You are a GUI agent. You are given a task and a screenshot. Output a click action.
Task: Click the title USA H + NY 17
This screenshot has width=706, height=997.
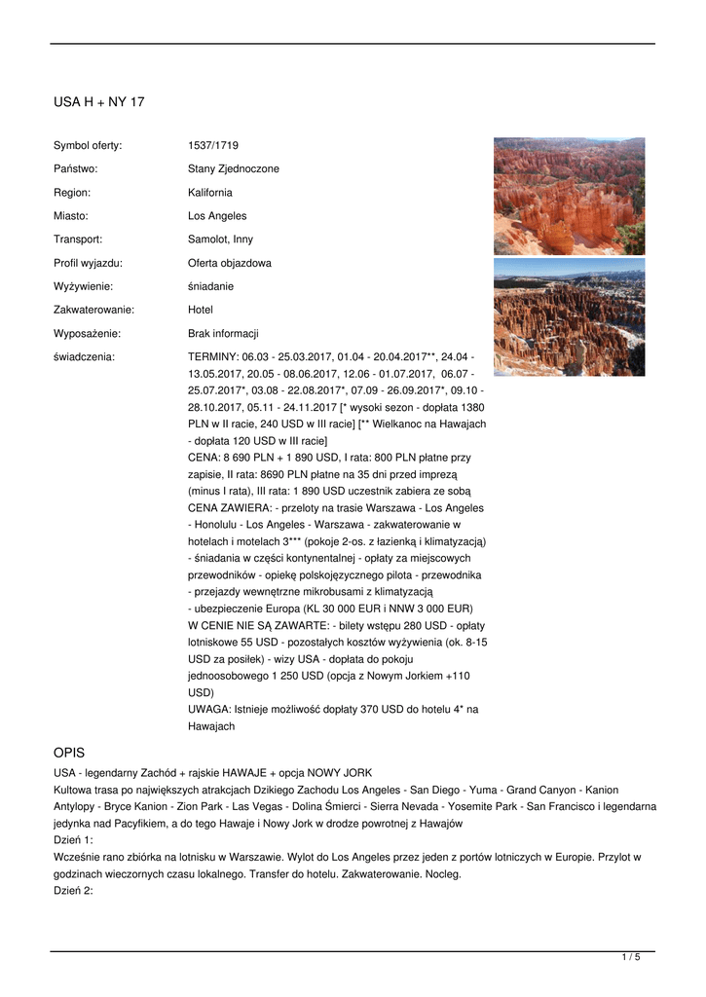(98, 101)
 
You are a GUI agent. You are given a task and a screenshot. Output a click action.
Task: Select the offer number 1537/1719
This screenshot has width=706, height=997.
(210, 145)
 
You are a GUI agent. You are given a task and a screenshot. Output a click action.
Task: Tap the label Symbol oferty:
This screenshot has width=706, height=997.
(88, 145)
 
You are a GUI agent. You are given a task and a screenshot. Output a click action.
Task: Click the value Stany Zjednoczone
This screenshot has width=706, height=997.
(233, 168)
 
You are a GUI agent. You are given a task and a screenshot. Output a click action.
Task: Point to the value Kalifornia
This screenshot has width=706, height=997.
(209, 193)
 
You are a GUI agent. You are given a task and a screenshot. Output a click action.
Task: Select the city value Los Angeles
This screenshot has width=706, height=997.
(217, 216)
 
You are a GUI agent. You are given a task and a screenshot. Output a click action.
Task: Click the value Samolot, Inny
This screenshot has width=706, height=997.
(220, 240)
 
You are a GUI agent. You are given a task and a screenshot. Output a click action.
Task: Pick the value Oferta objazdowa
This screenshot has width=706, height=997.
(230, 263)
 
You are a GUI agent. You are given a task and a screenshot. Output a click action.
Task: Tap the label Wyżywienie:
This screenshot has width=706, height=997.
(83, 286)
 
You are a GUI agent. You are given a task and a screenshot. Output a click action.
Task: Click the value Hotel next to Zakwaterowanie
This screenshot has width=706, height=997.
(200, 310)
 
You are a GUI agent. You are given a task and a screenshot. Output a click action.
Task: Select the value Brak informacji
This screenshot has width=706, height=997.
(223, 333)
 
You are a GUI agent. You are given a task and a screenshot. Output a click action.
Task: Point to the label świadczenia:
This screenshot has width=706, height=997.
(84, 357)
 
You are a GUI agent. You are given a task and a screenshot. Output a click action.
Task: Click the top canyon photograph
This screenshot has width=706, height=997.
(569, 196)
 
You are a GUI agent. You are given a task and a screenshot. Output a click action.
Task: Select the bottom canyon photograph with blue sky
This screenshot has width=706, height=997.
(569, 316)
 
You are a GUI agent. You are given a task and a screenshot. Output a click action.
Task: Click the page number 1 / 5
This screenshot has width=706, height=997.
(631, 958)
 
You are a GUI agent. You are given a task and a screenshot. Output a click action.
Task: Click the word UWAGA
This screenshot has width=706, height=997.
(209, 710)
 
